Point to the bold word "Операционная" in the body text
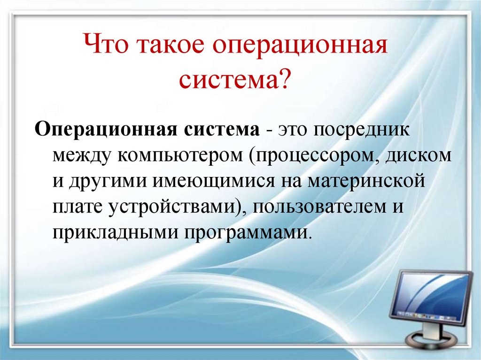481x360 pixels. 103,129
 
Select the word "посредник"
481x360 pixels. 366,129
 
